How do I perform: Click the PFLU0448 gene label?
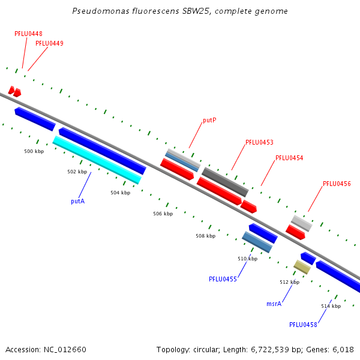28,34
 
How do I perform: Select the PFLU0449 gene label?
49,43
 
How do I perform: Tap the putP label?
209,121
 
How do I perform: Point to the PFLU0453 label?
259,142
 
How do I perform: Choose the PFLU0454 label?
289,158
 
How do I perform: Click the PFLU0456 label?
337,184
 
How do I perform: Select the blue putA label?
78,202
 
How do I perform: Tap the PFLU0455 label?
223,279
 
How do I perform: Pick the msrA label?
274,304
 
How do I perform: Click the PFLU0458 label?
303,325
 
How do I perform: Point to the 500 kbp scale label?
34,151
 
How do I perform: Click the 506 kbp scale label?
163,214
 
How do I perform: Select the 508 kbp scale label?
205,236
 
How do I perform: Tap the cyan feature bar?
97,160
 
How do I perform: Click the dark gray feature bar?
225,182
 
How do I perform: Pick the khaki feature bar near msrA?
302,267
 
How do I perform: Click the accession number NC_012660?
65,350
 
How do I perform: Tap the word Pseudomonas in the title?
101,11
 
